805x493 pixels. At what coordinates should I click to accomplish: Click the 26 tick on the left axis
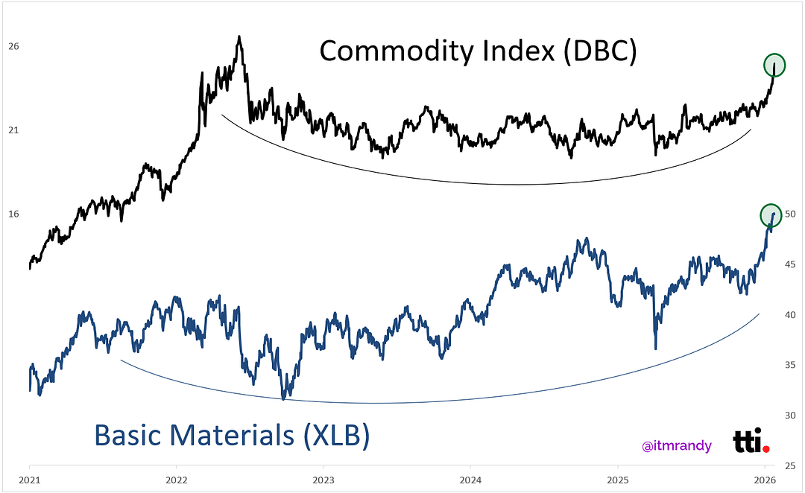13,46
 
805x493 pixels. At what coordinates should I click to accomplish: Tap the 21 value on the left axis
13,130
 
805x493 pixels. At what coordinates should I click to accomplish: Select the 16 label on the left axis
13,214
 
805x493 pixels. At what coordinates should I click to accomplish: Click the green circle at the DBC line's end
774,65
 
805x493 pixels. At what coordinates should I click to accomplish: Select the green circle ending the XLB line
771,215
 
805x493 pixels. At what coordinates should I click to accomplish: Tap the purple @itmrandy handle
676,446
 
